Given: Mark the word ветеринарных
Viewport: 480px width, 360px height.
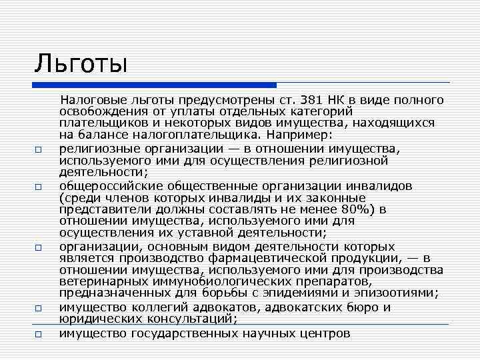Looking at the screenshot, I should [100, 281].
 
